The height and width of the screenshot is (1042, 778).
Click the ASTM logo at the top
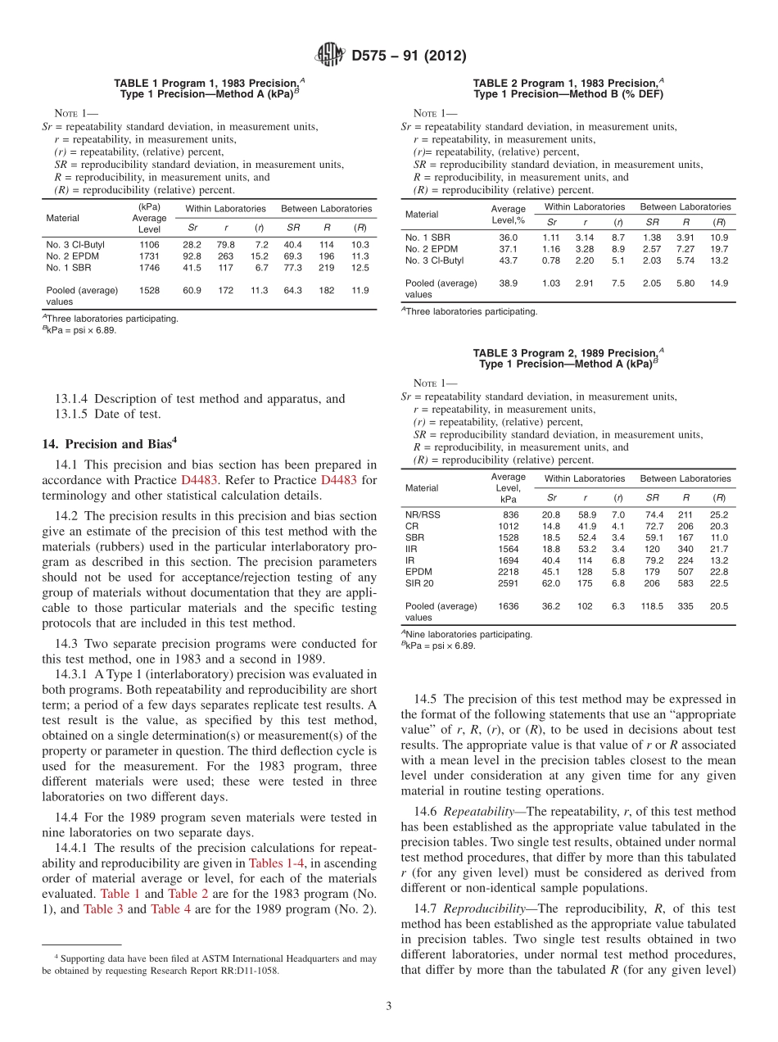[x=331, y=56]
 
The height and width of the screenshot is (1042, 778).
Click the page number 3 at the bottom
[x=389, y=1006]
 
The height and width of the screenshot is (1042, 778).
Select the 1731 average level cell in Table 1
[x=149, y=256]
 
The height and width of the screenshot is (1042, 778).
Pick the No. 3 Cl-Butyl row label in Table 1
[x=72, y=245]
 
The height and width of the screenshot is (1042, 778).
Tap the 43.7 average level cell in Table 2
[x=508, y=260]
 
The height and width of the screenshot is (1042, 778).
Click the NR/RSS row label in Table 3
[x=423, y=514]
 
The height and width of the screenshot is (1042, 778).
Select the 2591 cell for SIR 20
[x=508, y=583]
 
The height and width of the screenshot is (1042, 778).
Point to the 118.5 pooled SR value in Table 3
[x=652, y=607]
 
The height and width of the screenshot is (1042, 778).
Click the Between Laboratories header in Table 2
[x=685, y=207]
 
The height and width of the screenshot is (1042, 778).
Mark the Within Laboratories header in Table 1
[x=225, y=209]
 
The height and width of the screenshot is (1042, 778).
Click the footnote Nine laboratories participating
[x=468, y=634]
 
